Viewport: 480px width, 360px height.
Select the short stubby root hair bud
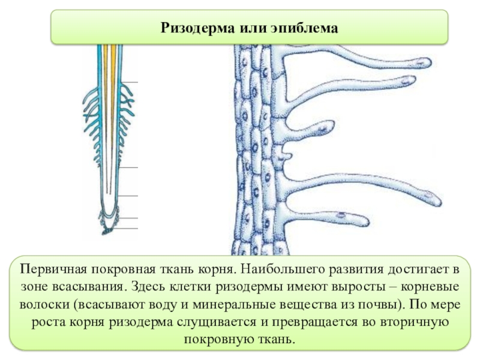click(x=287, y=158)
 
